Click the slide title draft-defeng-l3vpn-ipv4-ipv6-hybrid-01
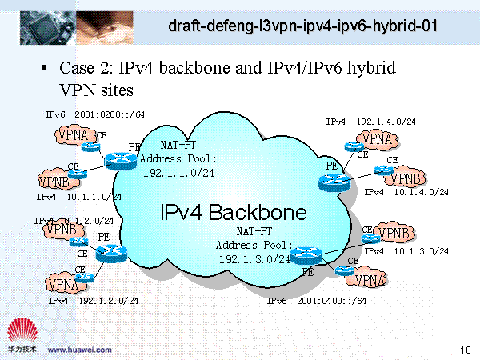303,26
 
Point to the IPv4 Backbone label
233,213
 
